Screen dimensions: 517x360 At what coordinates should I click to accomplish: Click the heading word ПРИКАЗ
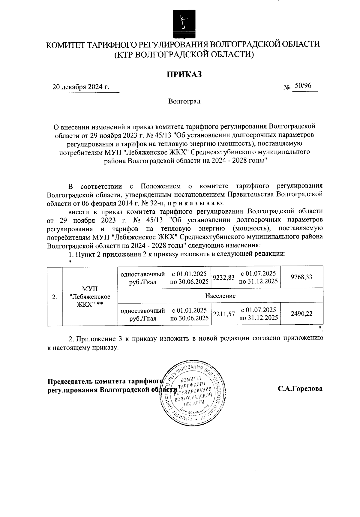point(184,74)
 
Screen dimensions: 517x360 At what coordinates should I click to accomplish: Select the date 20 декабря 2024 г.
point(81,87)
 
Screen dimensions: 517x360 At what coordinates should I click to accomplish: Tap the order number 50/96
point(303,86)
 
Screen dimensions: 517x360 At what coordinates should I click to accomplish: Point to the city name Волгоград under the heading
point(184,101)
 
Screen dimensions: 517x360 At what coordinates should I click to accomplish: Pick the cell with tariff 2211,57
point(223,314)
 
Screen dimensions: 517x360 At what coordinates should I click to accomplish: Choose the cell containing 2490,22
point(301,314)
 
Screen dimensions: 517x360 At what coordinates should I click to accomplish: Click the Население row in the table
point(220,296)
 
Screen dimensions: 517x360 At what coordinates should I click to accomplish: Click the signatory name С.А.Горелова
point(300,389)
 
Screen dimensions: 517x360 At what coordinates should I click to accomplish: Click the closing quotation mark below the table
point(320,328)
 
